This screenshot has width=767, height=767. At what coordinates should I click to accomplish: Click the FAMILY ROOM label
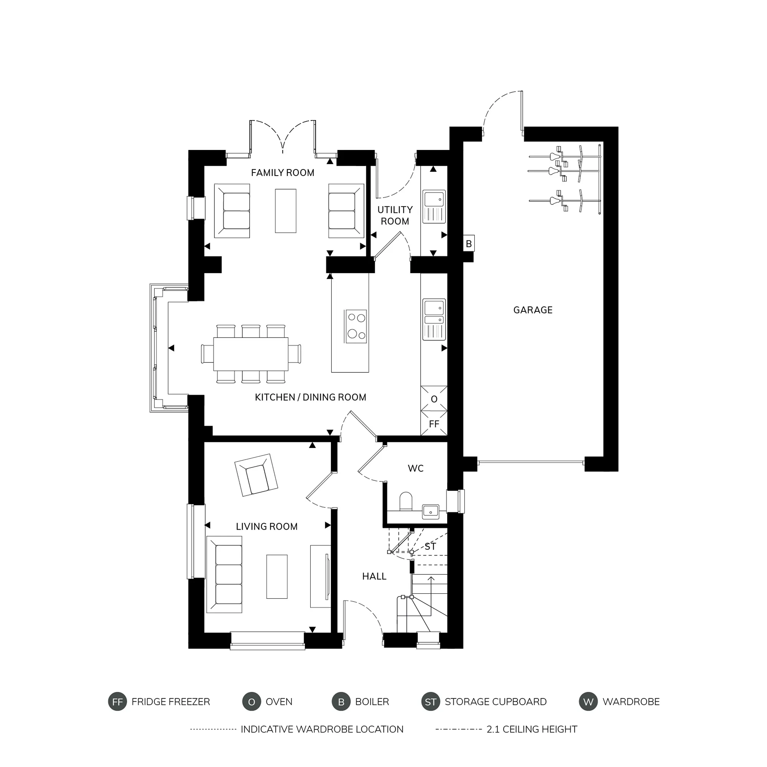[x=282, y=173]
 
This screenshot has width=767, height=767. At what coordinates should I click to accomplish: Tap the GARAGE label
[x=532, y=310]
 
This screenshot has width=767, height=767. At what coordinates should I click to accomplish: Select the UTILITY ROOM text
[x=395, y=216]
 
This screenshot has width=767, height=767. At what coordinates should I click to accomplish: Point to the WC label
[x=415, y=469]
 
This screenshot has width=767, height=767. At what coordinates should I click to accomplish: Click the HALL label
[x=374, y=576]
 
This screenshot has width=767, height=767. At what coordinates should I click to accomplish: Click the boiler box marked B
[x=469, y=244]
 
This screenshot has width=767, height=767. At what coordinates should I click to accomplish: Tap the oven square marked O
[x=434, y=399]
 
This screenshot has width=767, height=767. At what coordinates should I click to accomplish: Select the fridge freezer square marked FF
[x=434, y=424]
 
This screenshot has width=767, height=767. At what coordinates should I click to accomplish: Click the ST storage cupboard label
[x=430, y=546]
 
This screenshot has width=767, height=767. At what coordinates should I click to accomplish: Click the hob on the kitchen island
[x=356, y=326]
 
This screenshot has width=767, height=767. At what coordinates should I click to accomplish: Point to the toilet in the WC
[x=406, y=501]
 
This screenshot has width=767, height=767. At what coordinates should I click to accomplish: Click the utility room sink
[x=434, y=206]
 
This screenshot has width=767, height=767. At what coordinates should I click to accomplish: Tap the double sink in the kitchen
[x=434, y=319]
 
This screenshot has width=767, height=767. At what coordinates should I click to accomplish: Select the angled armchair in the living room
[x=256, y=475]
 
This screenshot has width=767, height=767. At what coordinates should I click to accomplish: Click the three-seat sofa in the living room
[x=225, y=574]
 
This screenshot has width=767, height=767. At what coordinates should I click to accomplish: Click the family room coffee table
[x=285, y=211]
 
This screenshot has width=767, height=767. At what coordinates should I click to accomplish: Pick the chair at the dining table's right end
[x=295, y=354]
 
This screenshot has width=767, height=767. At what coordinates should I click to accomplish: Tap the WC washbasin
[x=430, y=511]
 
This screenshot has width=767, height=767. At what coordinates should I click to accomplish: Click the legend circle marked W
[x=588, y=702]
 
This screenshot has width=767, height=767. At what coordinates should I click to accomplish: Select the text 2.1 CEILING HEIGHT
[x=532, y=729]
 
